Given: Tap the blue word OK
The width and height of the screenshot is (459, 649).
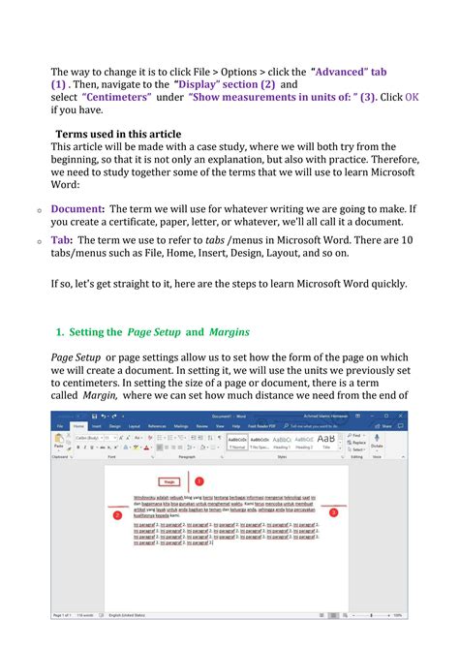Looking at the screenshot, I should tap(412, 97).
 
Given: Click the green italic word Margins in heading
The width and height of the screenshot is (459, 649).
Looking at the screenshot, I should tap(229, 331).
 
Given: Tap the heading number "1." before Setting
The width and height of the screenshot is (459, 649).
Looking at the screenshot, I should tap(61, 331).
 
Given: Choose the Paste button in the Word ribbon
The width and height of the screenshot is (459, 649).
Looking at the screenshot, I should tap(60, 441).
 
